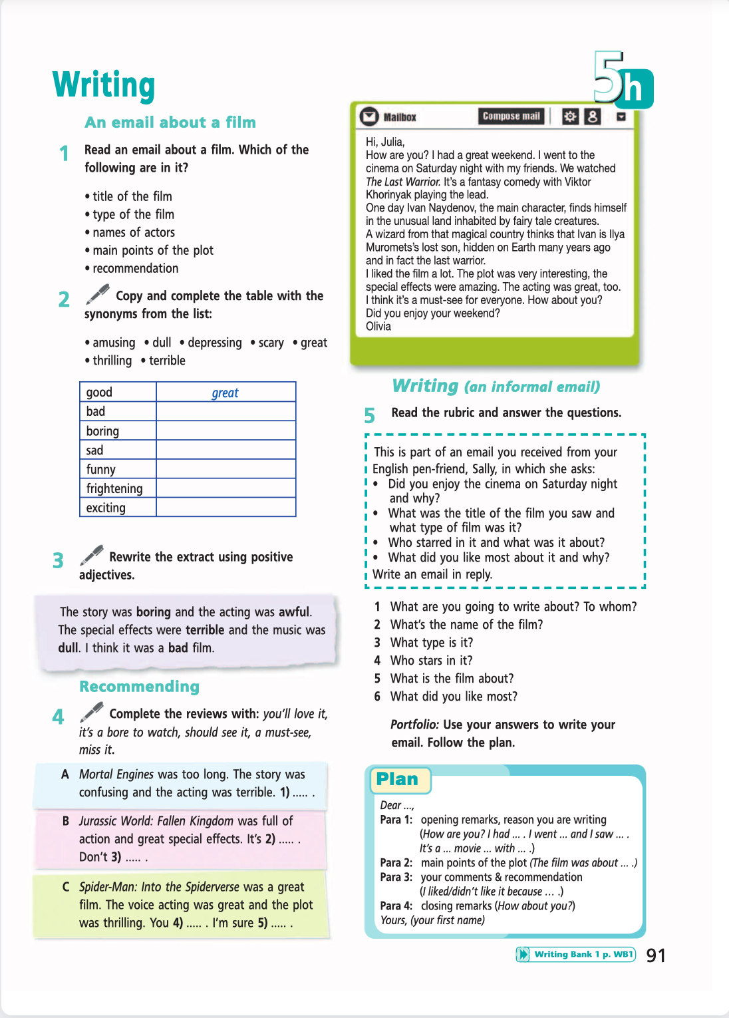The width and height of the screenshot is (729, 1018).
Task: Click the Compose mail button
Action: point(511,116)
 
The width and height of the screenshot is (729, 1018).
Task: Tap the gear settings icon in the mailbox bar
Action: point(570,116)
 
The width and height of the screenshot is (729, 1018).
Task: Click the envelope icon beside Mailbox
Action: point(368,116)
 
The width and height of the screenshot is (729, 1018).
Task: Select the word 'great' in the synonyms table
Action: point(225,393)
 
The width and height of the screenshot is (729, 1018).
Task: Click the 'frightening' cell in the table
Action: point(114,488)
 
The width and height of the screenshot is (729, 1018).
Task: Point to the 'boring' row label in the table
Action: point(102,431)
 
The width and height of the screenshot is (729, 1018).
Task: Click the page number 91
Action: point(656,955)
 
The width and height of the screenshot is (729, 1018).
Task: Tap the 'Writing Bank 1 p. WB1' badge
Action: point(576,955)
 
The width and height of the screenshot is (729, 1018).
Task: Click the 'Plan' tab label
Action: point(397,779)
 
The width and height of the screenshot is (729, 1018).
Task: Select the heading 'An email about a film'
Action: point(170,122)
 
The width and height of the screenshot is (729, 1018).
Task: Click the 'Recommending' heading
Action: point(139,687)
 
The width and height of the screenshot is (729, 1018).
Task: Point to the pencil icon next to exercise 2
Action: point(97,293)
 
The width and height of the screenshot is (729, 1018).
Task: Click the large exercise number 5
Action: point(369,416)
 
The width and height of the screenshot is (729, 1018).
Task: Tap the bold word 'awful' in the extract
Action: point(294,611)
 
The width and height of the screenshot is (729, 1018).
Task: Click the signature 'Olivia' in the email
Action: point(378,327)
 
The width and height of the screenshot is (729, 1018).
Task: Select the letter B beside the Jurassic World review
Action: point(66,821)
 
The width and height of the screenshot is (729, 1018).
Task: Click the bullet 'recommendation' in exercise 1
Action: point(136,268)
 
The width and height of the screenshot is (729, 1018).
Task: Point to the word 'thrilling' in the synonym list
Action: point(112,361)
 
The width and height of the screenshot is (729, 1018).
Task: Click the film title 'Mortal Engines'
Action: point(116,774)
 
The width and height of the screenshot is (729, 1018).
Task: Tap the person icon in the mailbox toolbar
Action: point(592,116)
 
